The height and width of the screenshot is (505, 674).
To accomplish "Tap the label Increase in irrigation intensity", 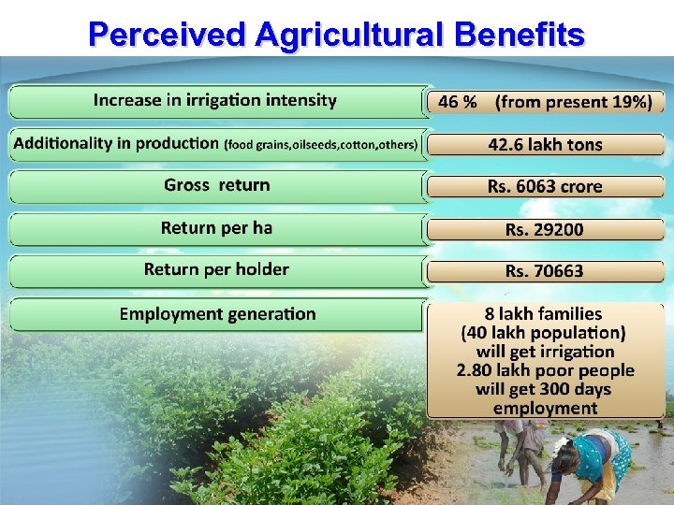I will coord(214,101).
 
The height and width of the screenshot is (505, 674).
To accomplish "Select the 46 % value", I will coord(457,102).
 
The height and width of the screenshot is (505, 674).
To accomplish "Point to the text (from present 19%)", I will coord(574,102).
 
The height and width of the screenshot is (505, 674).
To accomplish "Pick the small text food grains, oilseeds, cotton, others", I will coord(321,145).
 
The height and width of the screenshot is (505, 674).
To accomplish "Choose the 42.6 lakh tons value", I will coord(545,145).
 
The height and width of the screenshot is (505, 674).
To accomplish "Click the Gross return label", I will coord(216,185).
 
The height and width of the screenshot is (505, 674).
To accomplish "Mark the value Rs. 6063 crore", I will coord(545,187).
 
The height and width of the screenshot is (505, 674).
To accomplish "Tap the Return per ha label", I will coord(216,228).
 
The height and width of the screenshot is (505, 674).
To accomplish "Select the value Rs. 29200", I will coord(545,229).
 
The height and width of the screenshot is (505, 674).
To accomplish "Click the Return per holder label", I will coord(216,270).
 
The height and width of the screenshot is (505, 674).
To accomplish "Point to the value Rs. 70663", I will coord(545,271).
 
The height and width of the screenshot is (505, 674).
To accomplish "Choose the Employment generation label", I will coord(217,314).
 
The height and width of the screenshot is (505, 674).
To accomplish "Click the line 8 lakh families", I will coord(544,314).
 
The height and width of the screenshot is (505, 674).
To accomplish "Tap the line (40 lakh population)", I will coord(544,333).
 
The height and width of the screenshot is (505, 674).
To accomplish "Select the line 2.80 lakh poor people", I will coord(545,370).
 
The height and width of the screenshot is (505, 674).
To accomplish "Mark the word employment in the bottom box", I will coord(545,408).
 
